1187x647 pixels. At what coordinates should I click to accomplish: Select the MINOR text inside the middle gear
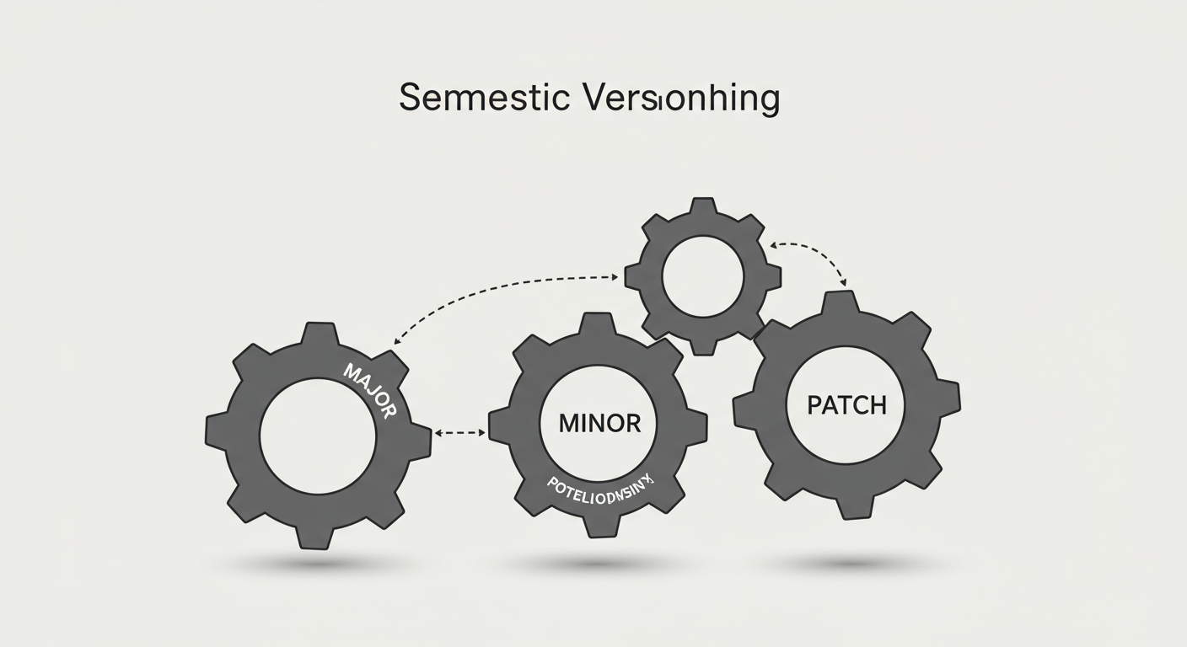pos(599,423)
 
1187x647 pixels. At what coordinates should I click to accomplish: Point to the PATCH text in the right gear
pos(846,405)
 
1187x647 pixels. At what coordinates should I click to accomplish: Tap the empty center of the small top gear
pos(703,276)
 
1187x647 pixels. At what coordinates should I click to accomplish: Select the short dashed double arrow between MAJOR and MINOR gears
pos(459,432)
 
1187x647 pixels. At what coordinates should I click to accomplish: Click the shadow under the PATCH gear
pos(847,562)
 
